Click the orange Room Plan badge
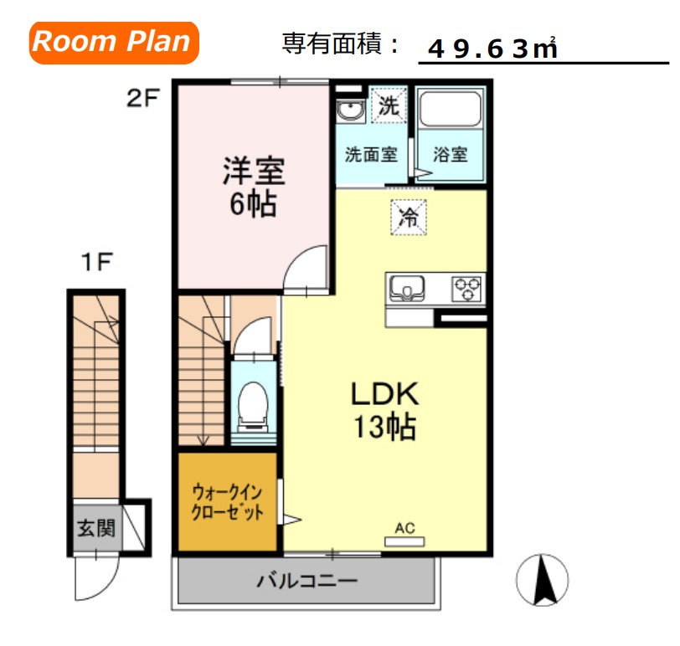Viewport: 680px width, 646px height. click(115, 42)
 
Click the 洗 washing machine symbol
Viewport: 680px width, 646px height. click(388, 106)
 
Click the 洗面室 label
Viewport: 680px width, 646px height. click(372, 155)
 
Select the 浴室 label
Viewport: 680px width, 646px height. click(451, 155)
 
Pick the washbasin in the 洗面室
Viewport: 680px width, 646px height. click(349, 110)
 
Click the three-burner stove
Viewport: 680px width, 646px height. click(466, 289)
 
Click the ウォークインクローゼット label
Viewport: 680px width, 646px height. click(228, 501)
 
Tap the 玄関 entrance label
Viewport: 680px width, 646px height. click(95, 528)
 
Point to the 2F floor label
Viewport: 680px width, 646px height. click(142, 99)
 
